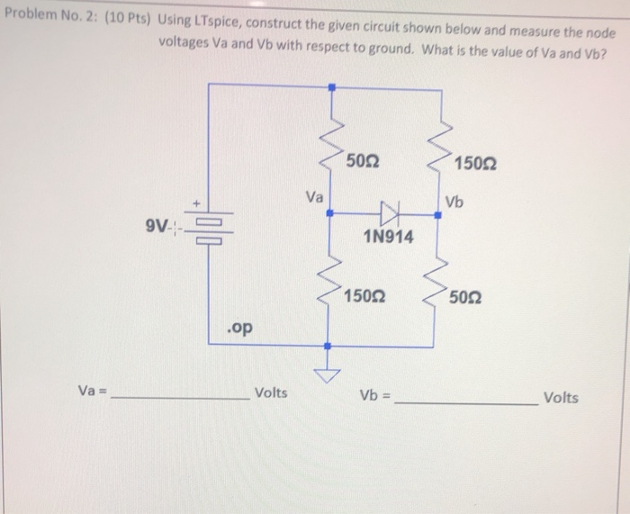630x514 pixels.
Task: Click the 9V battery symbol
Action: tap(209, 230)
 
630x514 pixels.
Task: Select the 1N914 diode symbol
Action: tap(389, 213)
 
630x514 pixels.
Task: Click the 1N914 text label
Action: tap(389, 237)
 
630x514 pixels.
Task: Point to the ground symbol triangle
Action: tap(329, 373)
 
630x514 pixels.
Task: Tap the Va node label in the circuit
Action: tap(314, 195)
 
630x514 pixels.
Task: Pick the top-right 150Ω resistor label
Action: tap(475, 163)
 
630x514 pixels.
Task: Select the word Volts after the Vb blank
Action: tap(562, 398)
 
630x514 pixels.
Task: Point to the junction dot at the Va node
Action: tap(329, 213)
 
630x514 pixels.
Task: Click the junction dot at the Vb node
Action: tap(438, 213)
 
